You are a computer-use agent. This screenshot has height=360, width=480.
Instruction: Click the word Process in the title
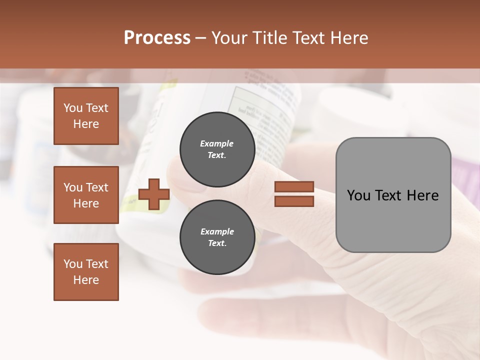[x=157, y=38]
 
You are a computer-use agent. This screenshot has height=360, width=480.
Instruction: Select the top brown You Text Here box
[x=86, y=116]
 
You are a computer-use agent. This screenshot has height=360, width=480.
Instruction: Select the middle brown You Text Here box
[x=86, y=195]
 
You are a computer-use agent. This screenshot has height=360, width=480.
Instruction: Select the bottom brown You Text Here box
[x=86, y=272]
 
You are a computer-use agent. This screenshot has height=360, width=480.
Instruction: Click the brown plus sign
[x=154, y=194]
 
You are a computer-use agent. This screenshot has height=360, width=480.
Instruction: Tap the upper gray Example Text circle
[x=217, y=149]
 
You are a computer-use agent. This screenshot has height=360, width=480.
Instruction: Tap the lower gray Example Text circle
[x=217, y=237]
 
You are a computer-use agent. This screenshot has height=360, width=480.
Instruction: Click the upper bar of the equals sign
[x=294, y=186]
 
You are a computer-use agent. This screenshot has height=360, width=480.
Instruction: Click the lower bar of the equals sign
[x=294, y=201]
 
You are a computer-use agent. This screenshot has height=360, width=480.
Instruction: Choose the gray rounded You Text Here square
[x=393, y=195]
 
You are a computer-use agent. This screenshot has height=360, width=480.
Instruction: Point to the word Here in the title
[x=348, y=38]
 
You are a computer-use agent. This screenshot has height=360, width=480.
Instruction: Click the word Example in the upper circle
[x=217, y=144]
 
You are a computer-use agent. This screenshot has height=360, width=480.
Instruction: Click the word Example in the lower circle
[x=217, y=232]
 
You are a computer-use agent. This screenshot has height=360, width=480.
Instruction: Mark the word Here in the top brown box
[x=86, y=124]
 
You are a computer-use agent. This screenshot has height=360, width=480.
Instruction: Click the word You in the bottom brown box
[x=73, y=264]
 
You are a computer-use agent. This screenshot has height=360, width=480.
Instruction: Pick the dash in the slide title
[x=201, y=38]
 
